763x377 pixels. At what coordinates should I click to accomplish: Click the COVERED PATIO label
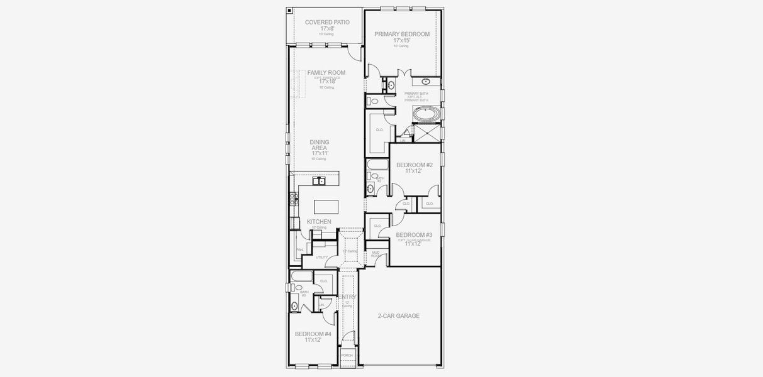click(x=327, y=22)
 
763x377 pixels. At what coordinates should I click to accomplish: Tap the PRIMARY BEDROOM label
click(x=402, y=34)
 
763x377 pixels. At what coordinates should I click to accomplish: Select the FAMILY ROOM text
click(x=326, y=73)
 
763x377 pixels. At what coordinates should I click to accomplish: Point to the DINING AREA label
click(x=320, y=145)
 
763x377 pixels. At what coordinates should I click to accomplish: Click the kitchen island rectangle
click(x=326, y=207)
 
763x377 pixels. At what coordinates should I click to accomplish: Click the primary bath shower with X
click(x=428, y=133)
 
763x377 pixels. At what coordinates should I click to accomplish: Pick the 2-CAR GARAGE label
click(x=399, y=316)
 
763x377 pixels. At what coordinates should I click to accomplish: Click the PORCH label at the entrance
click(x=347, y=356)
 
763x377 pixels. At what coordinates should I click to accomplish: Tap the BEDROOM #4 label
click(x=313, y=334)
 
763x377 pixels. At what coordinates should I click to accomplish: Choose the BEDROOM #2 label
click(x=415, y=165)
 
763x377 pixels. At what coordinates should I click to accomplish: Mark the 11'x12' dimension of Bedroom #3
click(x=412, y=244)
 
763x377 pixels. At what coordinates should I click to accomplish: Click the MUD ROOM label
click(x=376, y=254)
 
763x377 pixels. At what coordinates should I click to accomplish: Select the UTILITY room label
click(x=321, y=258)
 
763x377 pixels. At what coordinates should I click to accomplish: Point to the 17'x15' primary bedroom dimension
click(x=401, y=41)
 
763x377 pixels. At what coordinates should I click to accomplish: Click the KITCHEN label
click(x=319, y=222)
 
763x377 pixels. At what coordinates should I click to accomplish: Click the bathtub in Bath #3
click(x=301, y=276)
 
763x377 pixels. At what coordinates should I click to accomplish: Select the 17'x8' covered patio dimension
click(x=327, y=29)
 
